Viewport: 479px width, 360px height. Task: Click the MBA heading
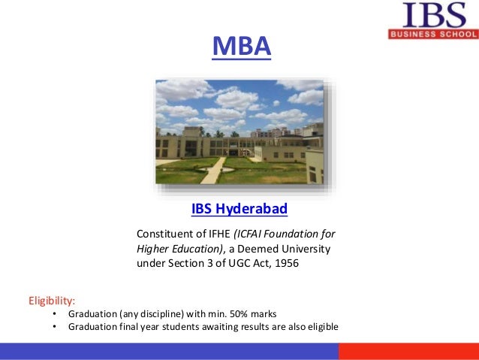click(x=239, y=46)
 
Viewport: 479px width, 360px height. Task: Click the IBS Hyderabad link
click(x=239, y=207)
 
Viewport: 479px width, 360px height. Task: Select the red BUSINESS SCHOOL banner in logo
click(x=433, y=35)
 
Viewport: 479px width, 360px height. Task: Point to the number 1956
click(x=285, y=263)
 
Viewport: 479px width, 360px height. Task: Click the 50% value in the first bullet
click(x=240, y=313)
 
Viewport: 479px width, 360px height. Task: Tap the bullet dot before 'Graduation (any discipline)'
click(x=55, y=313)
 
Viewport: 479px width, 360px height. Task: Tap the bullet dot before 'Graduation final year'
click(x=55, y=327)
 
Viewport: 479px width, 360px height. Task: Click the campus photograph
click(x=239, y=132)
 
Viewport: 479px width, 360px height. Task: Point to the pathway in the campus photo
click(x=212, y=171)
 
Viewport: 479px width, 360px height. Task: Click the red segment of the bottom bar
click(x=408, y=351)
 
